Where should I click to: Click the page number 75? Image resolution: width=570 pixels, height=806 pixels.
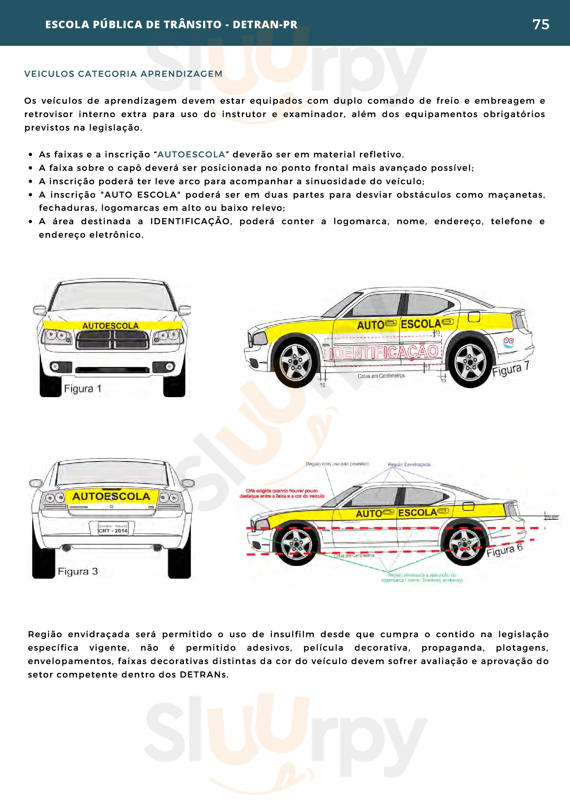point(540,24)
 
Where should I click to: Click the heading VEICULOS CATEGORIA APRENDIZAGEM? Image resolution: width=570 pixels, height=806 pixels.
point(123,74)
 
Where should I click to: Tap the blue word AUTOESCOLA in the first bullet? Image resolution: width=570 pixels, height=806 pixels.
point(191,154)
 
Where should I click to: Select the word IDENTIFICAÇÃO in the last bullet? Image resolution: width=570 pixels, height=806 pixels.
point(190,221)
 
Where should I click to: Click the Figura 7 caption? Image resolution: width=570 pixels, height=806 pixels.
point(510,369)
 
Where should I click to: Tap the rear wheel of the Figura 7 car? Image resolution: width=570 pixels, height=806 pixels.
point(470,362)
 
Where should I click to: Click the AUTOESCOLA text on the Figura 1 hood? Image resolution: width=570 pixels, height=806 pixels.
point(111,326)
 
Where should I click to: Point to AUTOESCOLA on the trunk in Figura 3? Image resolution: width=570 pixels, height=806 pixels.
point(111,496)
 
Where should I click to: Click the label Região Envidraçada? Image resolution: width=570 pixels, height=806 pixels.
point(409,464)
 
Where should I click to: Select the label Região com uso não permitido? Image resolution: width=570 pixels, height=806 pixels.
point(337,464)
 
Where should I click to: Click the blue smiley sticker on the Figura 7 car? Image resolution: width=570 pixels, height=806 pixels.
point(508,342)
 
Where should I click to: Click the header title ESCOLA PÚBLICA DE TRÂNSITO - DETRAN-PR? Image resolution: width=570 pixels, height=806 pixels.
point(171,24)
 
